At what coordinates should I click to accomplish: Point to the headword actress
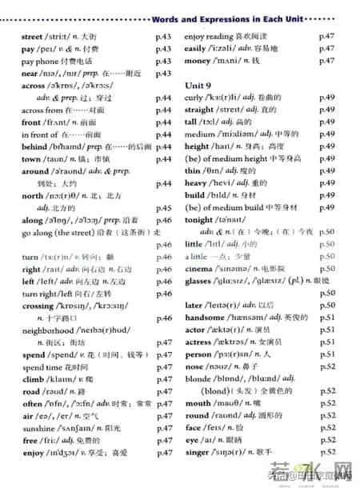[200, 342]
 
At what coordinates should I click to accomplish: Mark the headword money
[198, 61]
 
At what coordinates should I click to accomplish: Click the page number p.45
[164, 207]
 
